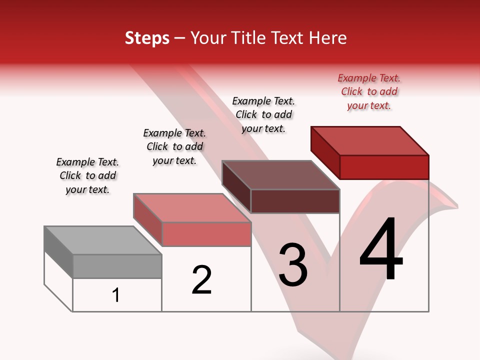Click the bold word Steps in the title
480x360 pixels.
coord(147,38)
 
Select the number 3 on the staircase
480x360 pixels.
coord(293,265)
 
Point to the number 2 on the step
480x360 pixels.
coord(202,280)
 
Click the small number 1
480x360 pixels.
coord(116,295)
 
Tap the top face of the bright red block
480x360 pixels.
coord(370,140)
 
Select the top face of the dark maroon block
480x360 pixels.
coord(281,175)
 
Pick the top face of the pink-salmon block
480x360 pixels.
coord(192,208)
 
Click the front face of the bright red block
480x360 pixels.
coord(384,167)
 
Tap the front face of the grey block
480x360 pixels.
coord(117,266)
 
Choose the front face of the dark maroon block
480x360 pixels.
coord(295,201)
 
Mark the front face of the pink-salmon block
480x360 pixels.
coord(206,234)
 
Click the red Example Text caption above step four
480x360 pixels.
coord(369,91)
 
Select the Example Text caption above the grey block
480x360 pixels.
coord(87,175)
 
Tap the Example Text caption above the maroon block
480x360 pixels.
coord(263,114)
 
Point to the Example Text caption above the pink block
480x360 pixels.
coord(174,146)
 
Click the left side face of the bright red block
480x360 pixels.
coord(325,150)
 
